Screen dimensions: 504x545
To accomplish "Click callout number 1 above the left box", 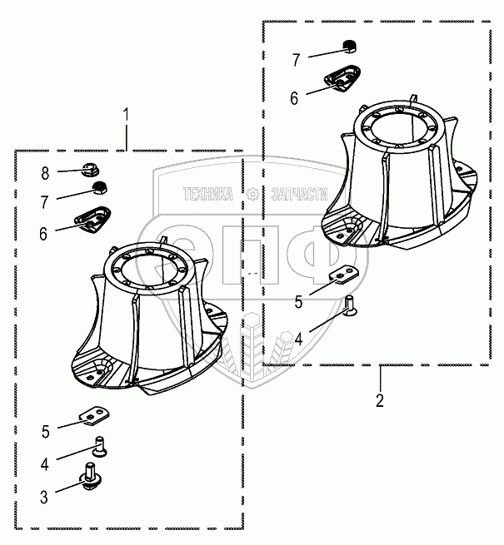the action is click(126, 113).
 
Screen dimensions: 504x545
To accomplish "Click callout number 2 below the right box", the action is click(380, 400).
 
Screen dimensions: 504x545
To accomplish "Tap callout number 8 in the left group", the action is click(45, 173).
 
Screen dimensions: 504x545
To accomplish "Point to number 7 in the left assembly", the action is click(45, 200).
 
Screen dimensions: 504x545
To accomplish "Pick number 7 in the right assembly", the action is click(295, 59).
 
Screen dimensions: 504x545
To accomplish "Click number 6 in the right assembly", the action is click(294, 98).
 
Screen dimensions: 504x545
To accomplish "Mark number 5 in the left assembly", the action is click(45, 431).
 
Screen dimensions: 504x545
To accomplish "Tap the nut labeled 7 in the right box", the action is click(351, 47).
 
